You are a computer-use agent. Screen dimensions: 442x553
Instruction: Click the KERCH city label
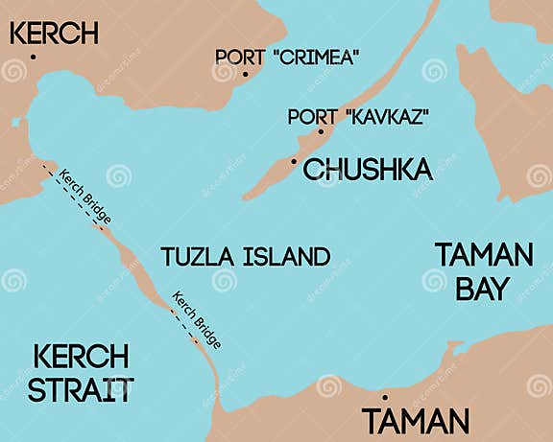pos(54,34)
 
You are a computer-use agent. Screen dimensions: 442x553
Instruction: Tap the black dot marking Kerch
pos(34,58)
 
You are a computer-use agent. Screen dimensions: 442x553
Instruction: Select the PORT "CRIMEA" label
pos(287,57)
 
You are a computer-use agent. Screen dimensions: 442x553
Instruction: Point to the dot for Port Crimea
pos(245,74)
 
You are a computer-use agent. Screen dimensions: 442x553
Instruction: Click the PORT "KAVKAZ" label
pos(358,117)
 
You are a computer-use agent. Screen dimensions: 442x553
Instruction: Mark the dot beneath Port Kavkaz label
pos(321,132)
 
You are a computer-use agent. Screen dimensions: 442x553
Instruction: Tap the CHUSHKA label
pos(368,171)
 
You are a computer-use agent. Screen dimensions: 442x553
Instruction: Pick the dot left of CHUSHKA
pos(294,162)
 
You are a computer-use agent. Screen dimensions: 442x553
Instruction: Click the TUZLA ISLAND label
pos(246,257)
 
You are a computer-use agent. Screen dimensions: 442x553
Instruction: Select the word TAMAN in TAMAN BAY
pos(483,255)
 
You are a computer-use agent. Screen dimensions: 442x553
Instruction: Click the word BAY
pos(482,288)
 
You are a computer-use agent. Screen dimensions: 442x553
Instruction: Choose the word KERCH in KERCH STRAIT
pos(81,357)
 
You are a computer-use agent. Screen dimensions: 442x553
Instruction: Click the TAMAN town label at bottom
pos(415,421)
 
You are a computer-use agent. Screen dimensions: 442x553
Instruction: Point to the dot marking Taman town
pos(385,397)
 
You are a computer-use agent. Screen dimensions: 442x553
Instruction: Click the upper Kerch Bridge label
pos(84,196)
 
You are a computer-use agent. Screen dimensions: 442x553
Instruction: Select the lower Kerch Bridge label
pos(197,317)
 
